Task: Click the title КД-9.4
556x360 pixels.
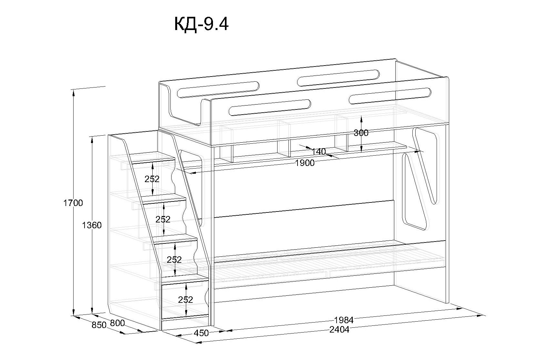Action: (x=201, y=24)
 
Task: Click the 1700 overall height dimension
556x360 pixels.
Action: (x=73, y=203)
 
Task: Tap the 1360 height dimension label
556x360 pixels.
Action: (x=92, y=225)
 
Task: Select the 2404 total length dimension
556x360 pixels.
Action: (x=339, y=330)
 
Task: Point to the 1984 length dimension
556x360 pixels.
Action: (x=344, y=320)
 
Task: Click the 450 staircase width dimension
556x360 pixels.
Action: (x=202, y=333)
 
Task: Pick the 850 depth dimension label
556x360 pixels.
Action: (x=99, y=325)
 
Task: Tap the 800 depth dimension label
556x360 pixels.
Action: (x=117, y=323)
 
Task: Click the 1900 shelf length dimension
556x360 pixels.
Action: (x=305, y=163)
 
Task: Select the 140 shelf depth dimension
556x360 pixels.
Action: (x=318, y=151)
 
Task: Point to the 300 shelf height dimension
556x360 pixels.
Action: (x=361, y=133)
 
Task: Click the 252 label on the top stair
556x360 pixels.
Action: (x=152, y=179)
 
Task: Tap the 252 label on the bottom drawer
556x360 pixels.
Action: (x=186, y=300)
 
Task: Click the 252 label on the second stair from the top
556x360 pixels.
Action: (x=163, y=220)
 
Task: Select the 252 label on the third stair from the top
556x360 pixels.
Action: (x=174, y=260)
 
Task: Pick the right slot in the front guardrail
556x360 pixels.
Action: (x=390, y=96)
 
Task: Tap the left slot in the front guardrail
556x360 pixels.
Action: (x=270, y=107)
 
